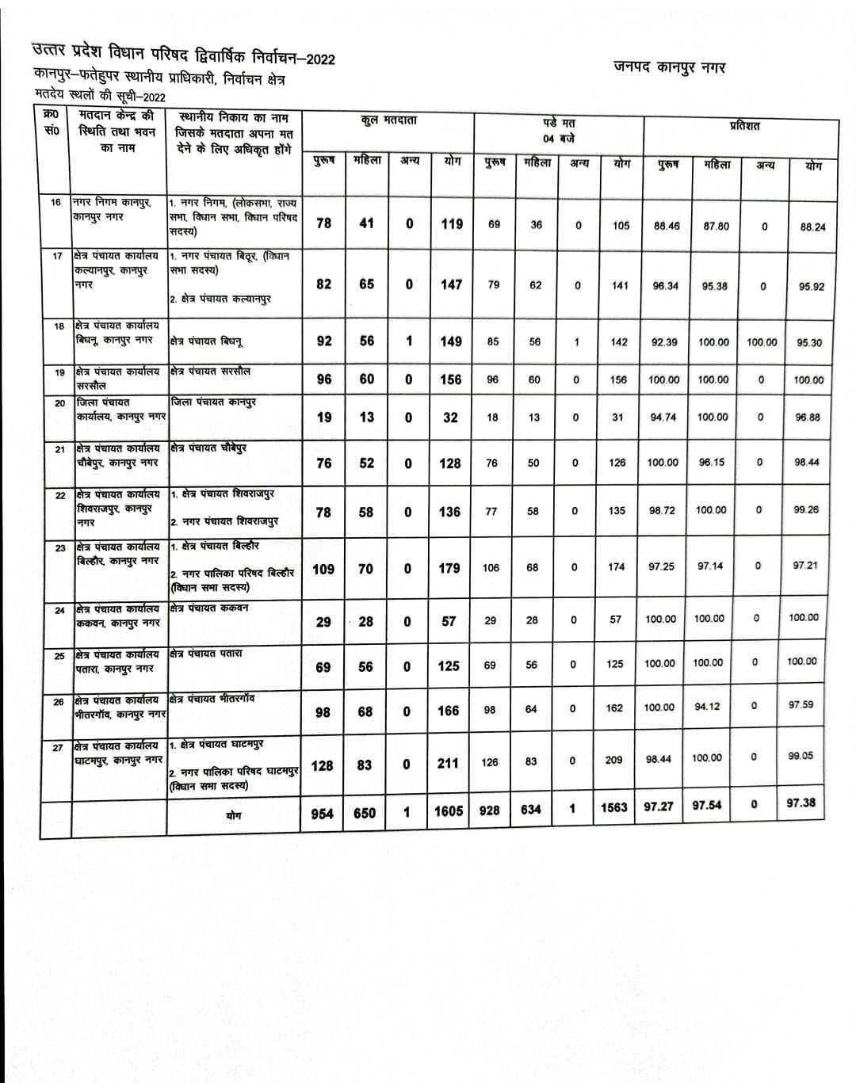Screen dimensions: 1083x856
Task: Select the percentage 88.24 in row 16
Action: coord(812,227)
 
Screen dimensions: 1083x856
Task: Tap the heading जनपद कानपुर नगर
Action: coord(670,67)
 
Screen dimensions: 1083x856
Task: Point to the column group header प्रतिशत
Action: coord(744,126)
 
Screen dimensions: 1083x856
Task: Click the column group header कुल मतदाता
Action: coord(388,120)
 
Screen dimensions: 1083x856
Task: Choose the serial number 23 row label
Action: coord(59,547)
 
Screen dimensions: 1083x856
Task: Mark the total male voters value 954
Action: coord(322,813)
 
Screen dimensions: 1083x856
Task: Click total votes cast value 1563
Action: coord(613,807)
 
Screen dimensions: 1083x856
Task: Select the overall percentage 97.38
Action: coord(801,803)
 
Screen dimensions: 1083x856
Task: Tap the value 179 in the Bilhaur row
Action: coord(449,568)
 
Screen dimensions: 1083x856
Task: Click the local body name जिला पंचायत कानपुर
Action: coord(213,402)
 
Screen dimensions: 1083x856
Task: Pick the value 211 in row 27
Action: coord(448,763)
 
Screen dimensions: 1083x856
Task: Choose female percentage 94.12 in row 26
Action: coord(707,707)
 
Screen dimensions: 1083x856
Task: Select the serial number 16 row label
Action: coord(55,202)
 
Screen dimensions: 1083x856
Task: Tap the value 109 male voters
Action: coord(323,569)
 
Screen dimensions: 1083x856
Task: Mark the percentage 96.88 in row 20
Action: coord(808,418)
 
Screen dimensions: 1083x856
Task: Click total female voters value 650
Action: coord(365,813)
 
